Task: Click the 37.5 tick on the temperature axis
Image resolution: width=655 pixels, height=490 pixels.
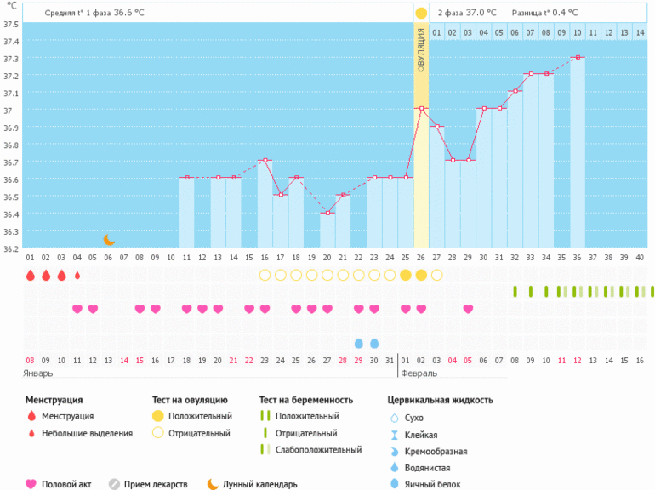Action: click(11, 24)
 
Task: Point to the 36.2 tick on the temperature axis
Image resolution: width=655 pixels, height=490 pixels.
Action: click(11, 249)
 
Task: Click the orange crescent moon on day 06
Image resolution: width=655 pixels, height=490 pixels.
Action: click(109, 240)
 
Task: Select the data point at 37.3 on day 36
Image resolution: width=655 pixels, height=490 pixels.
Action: click(578, 58)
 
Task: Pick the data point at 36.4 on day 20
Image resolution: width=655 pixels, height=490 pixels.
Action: click(327, 213)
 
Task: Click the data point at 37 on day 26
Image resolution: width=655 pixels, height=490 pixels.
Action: click(421, 109)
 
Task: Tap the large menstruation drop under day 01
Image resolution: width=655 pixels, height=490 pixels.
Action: click(30, 275)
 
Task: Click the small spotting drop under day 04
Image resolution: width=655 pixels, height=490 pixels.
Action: click(77, 275)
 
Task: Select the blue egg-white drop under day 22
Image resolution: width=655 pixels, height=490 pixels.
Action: click(359, 343)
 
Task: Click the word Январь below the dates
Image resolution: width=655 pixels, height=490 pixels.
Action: click(39, 373)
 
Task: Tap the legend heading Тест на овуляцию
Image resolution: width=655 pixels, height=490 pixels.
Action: click(190, 400)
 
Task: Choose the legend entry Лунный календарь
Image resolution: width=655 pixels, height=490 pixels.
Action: click(260, 484)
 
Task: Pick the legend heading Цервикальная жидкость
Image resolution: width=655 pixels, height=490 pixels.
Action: click(440, 400)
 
